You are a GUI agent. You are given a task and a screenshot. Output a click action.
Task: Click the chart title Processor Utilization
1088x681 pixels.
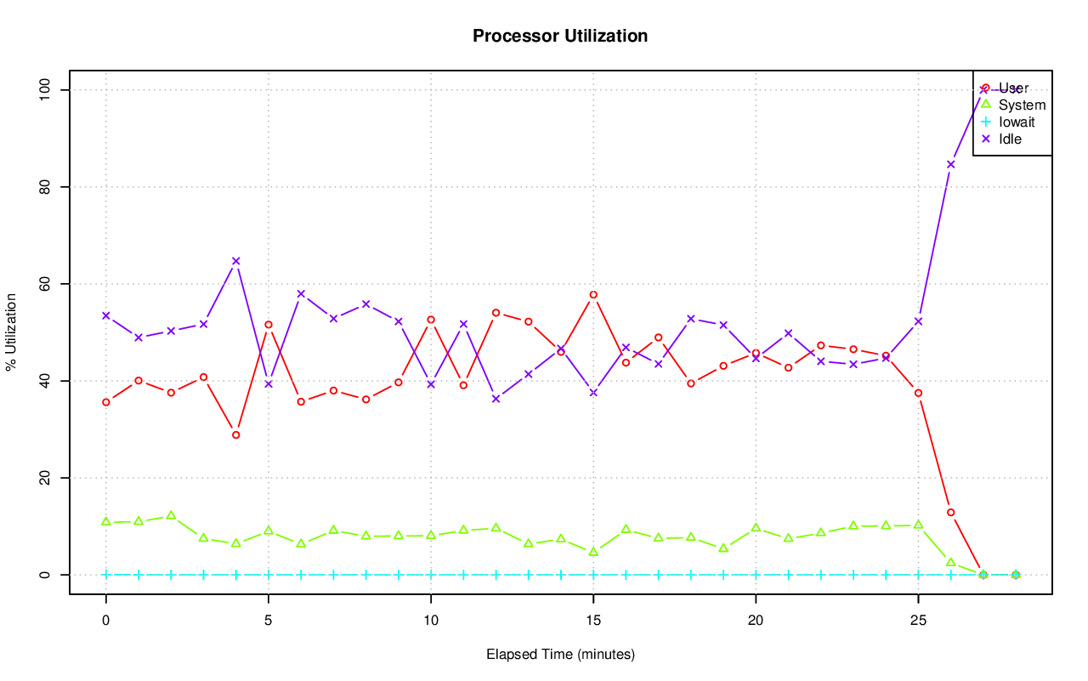[560, 36]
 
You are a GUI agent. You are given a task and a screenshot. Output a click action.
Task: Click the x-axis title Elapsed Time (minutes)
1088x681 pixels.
[560, 655]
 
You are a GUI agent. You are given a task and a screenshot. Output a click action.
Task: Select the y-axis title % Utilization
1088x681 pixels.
[12, 332]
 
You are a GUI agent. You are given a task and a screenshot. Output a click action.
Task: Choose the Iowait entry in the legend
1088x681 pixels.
[1017, 122]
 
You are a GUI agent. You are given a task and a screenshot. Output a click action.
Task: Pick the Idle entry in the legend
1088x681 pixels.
[1010, 139]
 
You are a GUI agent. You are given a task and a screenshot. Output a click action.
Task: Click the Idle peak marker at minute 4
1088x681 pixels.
[236, 261]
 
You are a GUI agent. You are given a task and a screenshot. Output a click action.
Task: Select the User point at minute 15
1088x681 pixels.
[593, 295]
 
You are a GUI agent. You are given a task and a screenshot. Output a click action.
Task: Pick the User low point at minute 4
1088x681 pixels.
[236, 434]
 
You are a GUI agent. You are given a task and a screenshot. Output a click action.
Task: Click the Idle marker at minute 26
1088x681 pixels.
[951, 164]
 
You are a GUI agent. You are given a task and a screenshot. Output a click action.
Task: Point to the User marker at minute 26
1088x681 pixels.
[951, 512]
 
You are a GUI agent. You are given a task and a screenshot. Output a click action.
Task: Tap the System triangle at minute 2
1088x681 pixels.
[171, 515]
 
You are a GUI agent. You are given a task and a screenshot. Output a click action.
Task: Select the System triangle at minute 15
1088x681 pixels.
[593, 552]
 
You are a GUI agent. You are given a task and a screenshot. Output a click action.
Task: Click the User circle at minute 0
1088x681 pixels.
[106, 402]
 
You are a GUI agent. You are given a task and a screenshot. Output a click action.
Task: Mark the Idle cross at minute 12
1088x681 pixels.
[496, 399]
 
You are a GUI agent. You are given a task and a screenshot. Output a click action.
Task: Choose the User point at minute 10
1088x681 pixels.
[431, 320]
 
